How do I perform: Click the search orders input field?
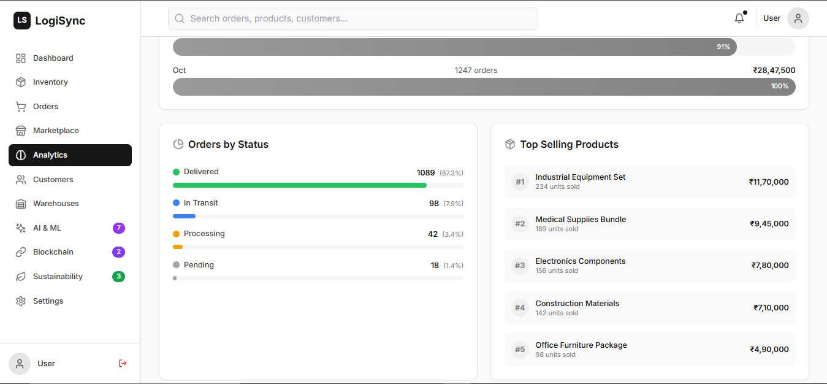pyautogui.click(x=353, y=18)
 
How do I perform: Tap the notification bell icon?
pyautogui.click(x=739, y=18)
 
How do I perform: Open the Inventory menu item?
pyautogui.click(x=50, y=82)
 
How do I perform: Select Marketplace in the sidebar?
pyautogui.click(x=56, y=131)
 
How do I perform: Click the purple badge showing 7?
pyautogui.click(x=119, y=228)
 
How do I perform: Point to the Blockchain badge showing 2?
pyautogui.click(x=119, y=252)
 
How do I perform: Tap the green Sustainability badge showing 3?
pyautogui.click(x=119, y=277)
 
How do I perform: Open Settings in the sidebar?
pyautogui.click(x=48, y=301)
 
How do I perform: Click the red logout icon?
pyautogui.click(x=123, y=363)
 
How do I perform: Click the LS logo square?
pyautogui.click(x=22, y=21)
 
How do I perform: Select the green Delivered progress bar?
pyautogui.click(x=300, y=185)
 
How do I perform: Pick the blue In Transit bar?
pyautogui.click(x=184, y=216)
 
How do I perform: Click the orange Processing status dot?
pyautogui.click(x=177, y=234)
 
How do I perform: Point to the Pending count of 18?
pyautogui.click(x=435, y=266)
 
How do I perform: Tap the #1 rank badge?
pyautogui.click(x=520, y=182)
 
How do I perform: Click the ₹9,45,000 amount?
pyautogui.click(x=769, y=224)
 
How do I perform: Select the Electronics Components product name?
pyautogui.click(x=580, y=261)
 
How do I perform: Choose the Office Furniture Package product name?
pyautogui.click(x=581, y=345)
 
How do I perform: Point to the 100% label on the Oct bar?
pyautogui.click(x=780, y=86)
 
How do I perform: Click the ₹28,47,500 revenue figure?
pyautogui.click(x=774, y=71)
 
